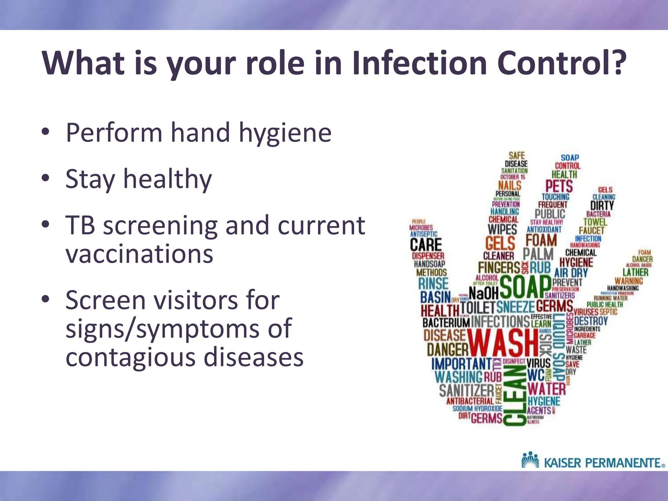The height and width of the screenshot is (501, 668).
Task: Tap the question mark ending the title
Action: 616,62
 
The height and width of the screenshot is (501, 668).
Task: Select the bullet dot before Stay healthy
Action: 46,178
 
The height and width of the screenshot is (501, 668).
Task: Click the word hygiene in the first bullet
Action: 285,134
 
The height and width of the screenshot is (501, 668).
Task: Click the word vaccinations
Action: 139,254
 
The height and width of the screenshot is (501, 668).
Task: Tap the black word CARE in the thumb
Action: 426,245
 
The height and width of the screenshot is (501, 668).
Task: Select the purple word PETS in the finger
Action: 559,186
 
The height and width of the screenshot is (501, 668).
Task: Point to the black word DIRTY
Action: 602,205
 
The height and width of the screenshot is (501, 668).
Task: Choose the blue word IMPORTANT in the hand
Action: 461,364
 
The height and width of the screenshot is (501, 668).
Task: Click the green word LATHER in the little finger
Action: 635,272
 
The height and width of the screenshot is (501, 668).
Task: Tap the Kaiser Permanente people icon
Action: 530,460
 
